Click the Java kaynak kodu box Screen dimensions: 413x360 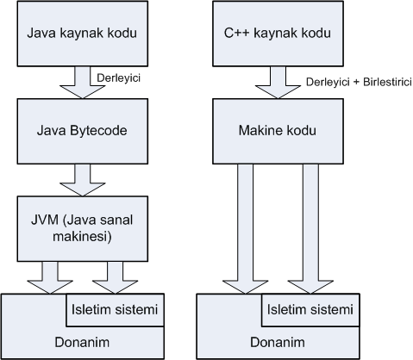point(83,34)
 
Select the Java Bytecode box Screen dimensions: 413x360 point(83,131)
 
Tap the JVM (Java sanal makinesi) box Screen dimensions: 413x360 point(83,229)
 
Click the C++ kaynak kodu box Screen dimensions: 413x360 point(278,34)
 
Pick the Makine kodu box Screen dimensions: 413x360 point(278,131)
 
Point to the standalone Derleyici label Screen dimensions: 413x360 point(119,78)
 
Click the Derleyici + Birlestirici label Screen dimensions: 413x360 point(359,82)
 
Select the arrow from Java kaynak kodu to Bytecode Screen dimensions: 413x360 point(83,83)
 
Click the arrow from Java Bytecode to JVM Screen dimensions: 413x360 point(83,180)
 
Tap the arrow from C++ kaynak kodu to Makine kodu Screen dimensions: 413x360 point(278,83)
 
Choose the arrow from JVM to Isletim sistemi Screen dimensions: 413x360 point(115,278)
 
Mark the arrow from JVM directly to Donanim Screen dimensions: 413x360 point(50,278)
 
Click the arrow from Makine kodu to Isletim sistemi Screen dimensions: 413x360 point(310,229)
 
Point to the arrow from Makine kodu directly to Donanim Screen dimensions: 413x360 point(246,229)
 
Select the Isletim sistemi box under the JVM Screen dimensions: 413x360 point(115,310)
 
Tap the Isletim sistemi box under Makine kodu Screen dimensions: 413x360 point(310,310)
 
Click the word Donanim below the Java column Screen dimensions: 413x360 point(82,342)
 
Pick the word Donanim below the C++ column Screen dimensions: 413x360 point(278,342)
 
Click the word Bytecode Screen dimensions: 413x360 point(98,131)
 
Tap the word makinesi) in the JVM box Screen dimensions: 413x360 point(82,237)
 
